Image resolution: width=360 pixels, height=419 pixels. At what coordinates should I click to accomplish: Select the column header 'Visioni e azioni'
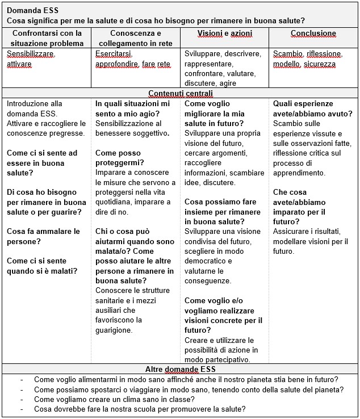pos(224,33)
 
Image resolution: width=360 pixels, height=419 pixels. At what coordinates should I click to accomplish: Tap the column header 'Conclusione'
pos(313,33)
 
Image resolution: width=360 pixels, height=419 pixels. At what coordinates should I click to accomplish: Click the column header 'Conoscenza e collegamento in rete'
pos(136,38)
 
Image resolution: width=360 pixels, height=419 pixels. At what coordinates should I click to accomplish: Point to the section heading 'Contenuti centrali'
pos(181,93)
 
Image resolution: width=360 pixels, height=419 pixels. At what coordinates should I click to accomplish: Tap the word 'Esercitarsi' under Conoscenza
pos(114,54)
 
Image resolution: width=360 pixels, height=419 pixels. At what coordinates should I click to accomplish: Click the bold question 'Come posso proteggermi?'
pos(120,158)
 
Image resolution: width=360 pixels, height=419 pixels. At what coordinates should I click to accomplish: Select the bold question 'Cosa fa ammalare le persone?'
pos(44,236)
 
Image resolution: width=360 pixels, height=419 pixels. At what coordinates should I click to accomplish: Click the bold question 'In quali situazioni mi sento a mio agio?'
pos(133,109)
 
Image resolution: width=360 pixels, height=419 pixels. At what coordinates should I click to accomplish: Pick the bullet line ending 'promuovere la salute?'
pos(140,409)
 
